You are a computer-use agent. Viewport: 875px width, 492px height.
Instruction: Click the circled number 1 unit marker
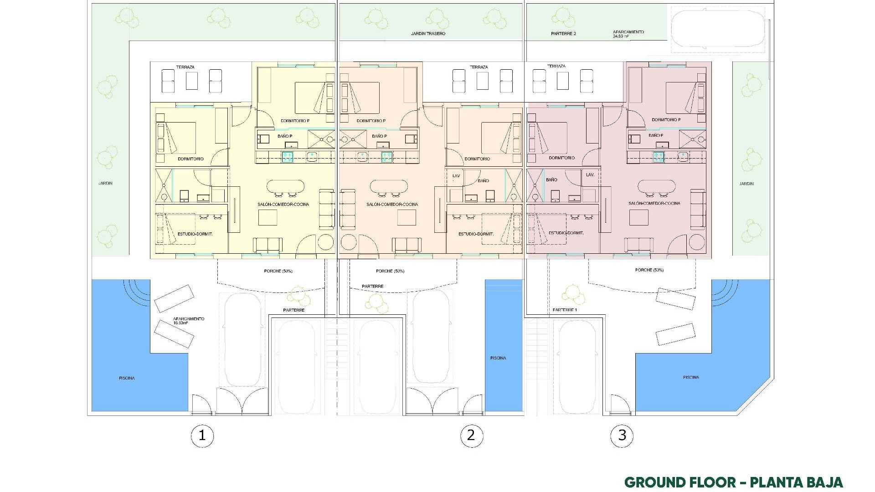[x=202, y=436]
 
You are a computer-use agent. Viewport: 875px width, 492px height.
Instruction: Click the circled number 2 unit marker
[x=471, y=435]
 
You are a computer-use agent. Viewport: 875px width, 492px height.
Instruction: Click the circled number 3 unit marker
[x=622, y=435]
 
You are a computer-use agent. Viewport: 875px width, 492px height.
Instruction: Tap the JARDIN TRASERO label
[x=428, y=34]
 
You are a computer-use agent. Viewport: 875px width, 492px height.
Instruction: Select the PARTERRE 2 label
[x=563, y=34]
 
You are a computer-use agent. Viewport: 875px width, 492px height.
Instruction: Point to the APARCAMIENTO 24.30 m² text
[x=628, y=34]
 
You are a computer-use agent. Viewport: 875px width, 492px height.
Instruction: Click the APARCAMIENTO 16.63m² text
[x=189, y=321]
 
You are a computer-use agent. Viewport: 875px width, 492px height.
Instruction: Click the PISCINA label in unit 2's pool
[x=498, y=358]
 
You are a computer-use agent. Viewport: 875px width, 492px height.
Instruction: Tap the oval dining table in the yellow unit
[x=285, y=186]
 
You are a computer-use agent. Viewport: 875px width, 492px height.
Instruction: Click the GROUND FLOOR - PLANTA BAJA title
[x=733, y=482]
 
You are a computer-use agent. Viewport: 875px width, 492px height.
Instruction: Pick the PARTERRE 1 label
[x=565, y=310]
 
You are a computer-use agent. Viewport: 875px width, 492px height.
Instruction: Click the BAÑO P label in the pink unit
[x=656, y=136]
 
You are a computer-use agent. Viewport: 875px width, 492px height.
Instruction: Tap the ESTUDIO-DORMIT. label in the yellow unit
[x=196, y=234]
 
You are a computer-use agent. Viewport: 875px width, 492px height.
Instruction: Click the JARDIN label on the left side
[x=105, y=183]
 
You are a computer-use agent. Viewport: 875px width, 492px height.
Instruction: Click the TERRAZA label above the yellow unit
[x=185, y=67]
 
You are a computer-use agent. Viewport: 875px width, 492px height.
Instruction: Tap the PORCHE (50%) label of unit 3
[x=649, y=270]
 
